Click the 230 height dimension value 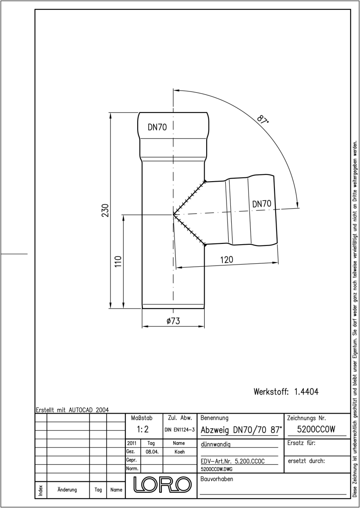105,210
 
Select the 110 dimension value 118,261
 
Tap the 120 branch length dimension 227,260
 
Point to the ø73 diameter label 173,321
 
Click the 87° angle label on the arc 263,119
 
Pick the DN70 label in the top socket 157,127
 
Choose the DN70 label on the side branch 262,204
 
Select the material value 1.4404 306,392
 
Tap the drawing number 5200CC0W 316,429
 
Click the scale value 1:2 143,429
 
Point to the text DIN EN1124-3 180,430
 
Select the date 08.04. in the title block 152,452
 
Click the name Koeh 180,452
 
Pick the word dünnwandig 216,444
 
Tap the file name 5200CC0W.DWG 216,469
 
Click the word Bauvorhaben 216,479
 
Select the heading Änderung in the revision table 67,490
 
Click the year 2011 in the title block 132,443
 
